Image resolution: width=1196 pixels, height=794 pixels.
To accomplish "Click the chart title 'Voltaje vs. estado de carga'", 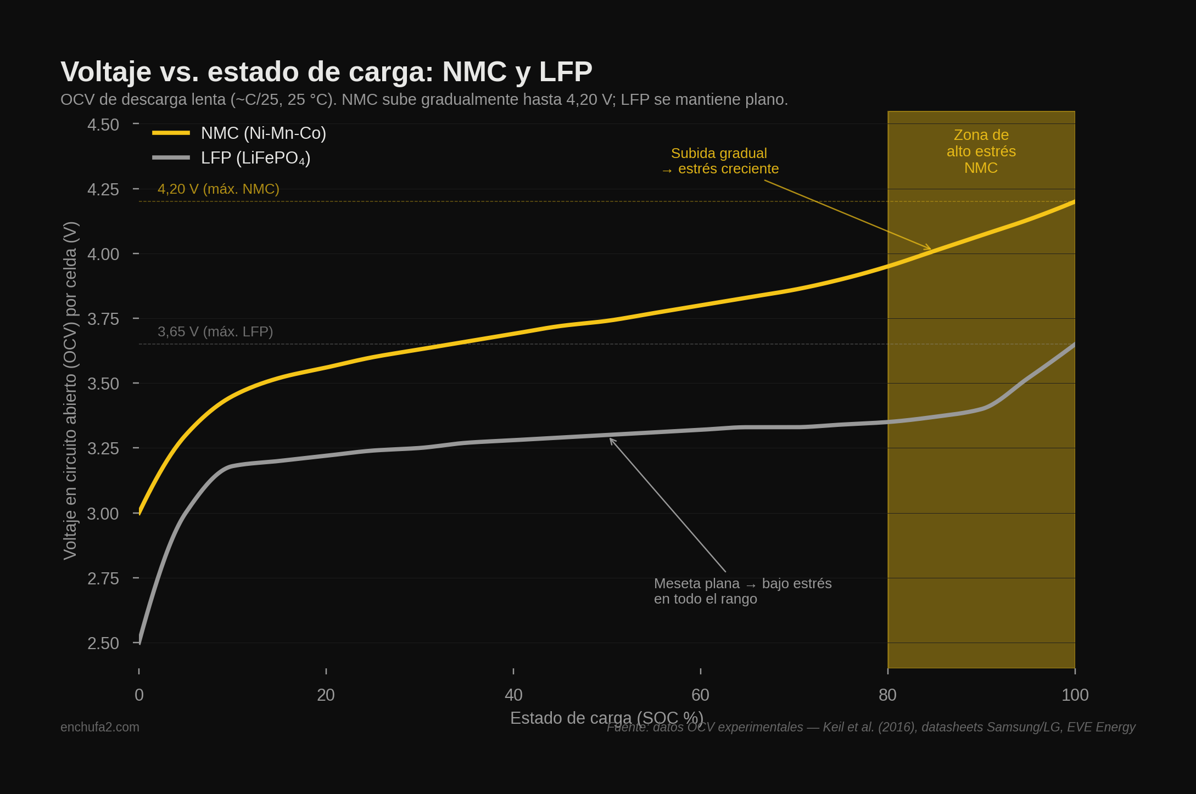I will [326, 72].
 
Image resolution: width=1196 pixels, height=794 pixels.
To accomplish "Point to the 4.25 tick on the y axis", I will [103, 190].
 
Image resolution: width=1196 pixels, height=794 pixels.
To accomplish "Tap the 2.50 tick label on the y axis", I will [103, 643].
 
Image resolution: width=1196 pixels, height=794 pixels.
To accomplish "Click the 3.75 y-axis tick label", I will [103, 319].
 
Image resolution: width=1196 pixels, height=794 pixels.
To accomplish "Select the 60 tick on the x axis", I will [700, 695].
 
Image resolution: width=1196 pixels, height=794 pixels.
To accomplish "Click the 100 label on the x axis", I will [1075, 695].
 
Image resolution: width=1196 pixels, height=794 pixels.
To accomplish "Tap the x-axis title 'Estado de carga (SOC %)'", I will [606, 718].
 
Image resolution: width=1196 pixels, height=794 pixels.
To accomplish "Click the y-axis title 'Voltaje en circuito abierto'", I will [70, 390].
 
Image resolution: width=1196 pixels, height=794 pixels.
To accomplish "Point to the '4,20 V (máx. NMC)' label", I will [219, 189].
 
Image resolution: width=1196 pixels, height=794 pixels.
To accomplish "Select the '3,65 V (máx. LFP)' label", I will [215, 332].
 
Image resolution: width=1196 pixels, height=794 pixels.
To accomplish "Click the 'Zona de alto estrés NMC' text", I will [981, 151].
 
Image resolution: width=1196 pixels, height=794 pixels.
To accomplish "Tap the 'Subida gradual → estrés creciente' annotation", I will [719, 161].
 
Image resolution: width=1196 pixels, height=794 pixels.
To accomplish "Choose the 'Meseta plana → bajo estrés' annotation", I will [742, 591].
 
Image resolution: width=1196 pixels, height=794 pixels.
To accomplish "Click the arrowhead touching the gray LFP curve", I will [611, 440].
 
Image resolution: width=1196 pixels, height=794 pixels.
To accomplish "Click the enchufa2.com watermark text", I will [100, 727].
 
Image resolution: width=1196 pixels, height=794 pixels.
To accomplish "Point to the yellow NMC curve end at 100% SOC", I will [1074, 202].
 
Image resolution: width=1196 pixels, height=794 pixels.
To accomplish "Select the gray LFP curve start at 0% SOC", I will [140, 641].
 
